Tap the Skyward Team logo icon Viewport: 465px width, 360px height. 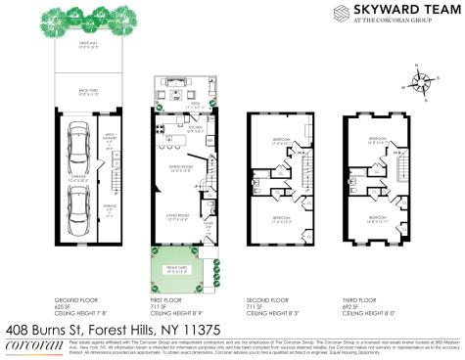click(x=342, y=13)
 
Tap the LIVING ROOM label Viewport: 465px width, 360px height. click(x=176, y=217)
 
